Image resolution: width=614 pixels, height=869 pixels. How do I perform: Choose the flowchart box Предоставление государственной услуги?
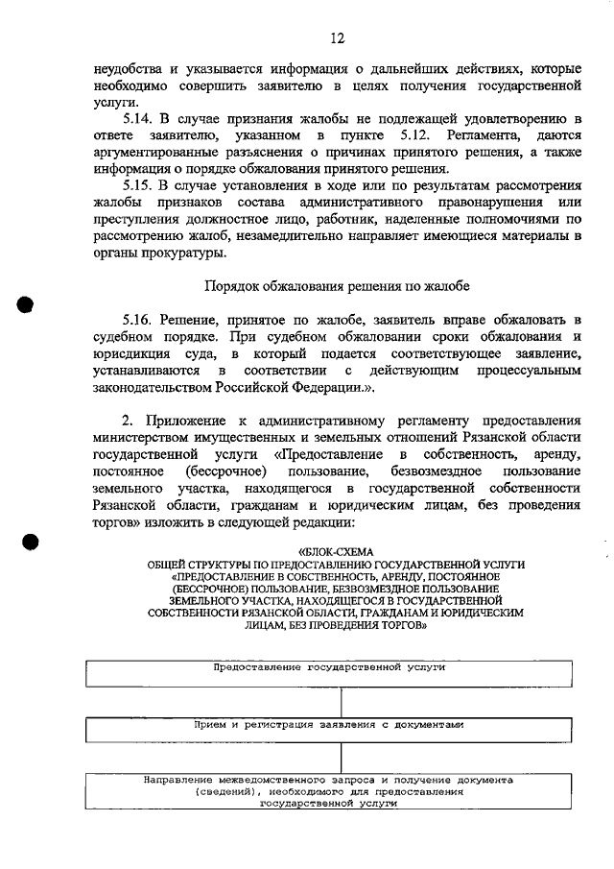[336, 672]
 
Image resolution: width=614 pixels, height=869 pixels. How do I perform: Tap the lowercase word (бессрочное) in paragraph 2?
[221, 471]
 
